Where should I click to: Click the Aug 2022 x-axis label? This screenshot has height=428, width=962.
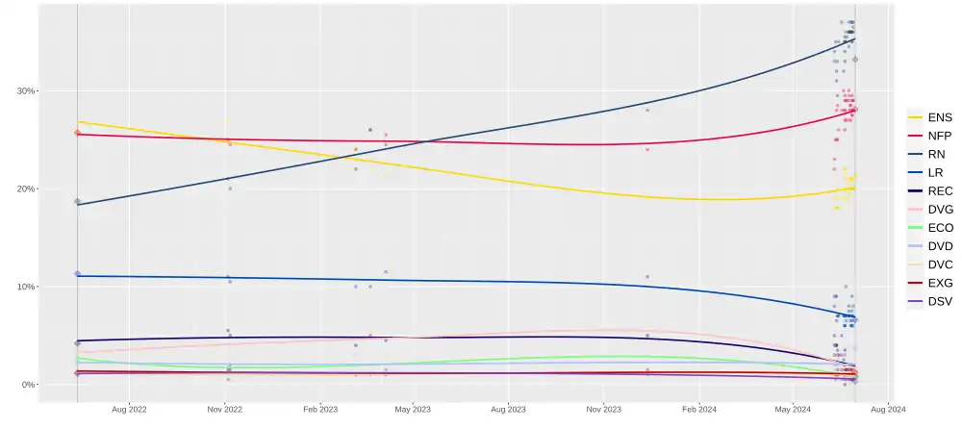[x=129, y=409]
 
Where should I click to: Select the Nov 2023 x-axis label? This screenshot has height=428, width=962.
[x=603, y=409]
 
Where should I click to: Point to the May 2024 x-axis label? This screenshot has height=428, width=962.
[x=793, y=409]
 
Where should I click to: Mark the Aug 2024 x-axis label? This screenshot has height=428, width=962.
[x=888, y=409]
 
